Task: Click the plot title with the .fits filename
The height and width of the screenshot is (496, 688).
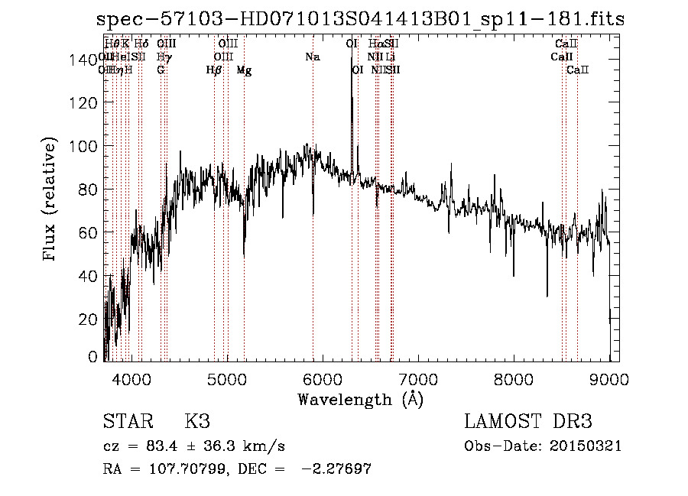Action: tap(362, 18)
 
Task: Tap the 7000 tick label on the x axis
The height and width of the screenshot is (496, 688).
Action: tap(418, 378)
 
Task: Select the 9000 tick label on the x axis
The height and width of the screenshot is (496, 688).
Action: tap(609, 378)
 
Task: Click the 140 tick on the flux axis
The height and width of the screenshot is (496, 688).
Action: tap(105, 60)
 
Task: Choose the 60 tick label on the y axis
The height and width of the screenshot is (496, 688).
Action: tap(89, 232)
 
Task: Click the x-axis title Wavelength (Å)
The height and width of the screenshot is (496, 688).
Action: tap(360, 399)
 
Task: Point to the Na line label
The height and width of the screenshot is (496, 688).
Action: tap(313, 57)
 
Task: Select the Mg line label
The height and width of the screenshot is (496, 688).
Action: tap(244, 70)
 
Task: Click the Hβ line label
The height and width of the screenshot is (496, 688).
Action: tap(214, 70)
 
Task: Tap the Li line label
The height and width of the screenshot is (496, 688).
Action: tap(391, 57)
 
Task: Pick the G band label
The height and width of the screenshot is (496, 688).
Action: tap(161, 70)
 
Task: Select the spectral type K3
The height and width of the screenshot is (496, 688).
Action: tap(197, 422)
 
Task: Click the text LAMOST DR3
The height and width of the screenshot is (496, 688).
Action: tap(528, 422)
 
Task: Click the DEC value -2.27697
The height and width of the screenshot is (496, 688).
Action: tap(336, 469)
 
